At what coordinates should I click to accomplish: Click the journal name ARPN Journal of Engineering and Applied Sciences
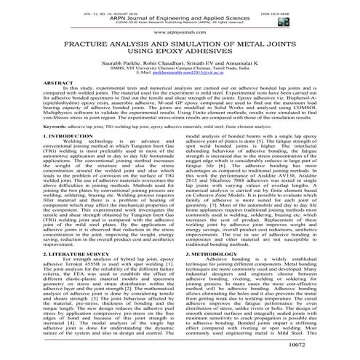[x=179, y=14]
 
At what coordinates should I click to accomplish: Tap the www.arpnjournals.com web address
[x=180, y=33]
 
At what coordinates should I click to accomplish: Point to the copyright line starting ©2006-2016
[x=179, y=21]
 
